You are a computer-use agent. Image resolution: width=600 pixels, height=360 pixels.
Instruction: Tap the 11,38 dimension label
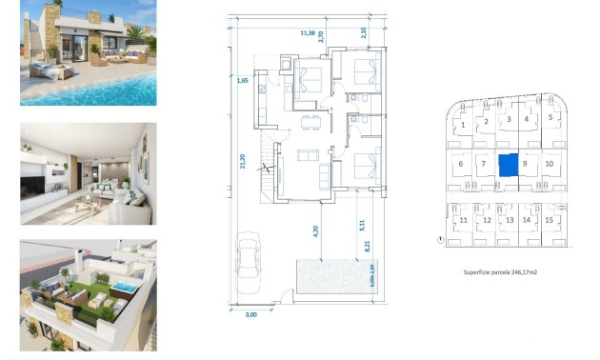(x=308, y=33)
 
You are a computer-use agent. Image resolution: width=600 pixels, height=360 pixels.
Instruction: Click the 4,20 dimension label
(x=315, y=229)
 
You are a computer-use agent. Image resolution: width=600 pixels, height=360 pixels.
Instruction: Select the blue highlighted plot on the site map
(x=508, y=164)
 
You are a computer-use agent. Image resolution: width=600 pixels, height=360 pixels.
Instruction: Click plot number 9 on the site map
(x=525, y=164)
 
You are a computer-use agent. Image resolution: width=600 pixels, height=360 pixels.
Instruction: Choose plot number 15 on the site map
(x=550, y=220)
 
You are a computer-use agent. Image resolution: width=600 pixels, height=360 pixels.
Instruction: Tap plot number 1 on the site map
(x=463, y=124)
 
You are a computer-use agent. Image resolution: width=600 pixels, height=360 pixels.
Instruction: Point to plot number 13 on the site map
(x=509, y=220)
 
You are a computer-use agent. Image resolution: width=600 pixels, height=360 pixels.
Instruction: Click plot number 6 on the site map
(x=461, y=164)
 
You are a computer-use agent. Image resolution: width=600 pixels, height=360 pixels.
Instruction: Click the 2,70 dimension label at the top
(x=320, y=37)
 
